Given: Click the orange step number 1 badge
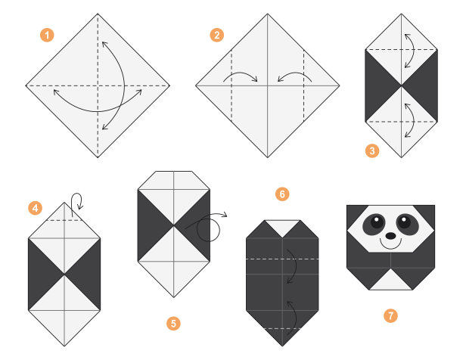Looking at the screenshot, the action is (x=47, y=36).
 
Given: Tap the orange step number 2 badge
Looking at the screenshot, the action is (x=216, y=36).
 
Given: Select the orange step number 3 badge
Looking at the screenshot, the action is (x=372, y=151).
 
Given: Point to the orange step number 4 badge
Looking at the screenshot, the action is (x=35, y=208).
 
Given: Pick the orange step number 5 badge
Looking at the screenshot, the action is (x=173, y=324).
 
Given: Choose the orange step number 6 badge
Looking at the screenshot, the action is (x=282, y=194).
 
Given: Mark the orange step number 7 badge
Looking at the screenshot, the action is (x=390, y=315).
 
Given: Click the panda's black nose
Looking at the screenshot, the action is (x=390, y=236).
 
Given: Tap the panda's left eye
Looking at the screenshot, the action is (x=374, y=224).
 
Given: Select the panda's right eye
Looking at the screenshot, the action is (x=408, y=224).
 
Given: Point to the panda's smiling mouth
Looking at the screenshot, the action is (x=390, y=247).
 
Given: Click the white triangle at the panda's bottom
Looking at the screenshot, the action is (x=390, y=281).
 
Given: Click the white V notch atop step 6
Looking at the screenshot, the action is (x=282, y=227).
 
